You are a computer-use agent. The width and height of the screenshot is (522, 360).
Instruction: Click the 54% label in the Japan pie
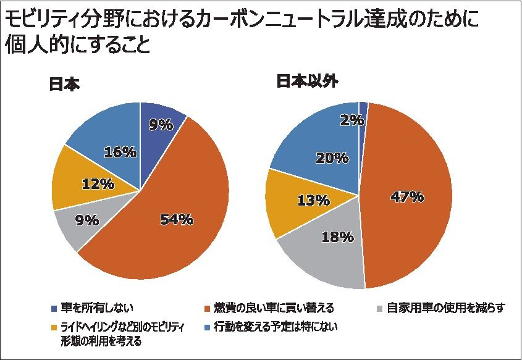pos(177,220)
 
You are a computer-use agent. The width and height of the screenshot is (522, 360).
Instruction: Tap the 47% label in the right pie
pos(407,197)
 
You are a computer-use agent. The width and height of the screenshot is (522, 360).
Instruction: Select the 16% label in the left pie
pos(120,152)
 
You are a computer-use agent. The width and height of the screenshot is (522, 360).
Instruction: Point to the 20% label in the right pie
pos(332,157)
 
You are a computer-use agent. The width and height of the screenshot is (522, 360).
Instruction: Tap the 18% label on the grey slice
pos(337,237)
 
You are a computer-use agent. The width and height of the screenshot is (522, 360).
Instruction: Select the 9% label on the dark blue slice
pos(161,125)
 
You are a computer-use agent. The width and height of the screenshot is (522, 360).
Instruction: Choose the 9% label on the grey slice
pos(87,220)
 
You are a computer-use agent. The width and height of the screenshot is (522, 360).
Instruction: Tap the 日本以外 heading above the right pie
pos(307,82)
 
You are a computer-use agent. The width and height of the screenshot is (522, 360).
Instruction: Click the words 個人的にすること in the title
pos(78,46)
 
